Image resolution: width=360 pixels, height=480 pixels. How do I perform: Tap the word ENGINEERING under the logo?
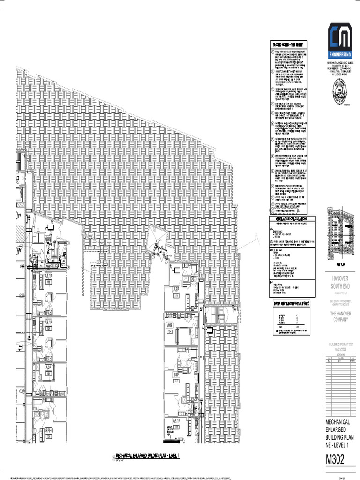[x=340, y=55]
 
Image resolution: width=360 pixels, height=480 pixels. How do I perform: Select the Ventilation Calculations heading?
[x=289, y=219]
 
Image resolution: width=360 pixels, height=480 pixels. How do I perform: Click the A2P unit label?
[x=177, y=290]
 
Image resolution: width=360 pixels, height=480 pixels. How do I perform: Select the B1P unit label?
[x=177, y=375]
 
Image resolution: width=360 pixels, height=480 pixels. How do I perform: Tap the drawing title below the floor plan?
[x=147, y=455]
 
